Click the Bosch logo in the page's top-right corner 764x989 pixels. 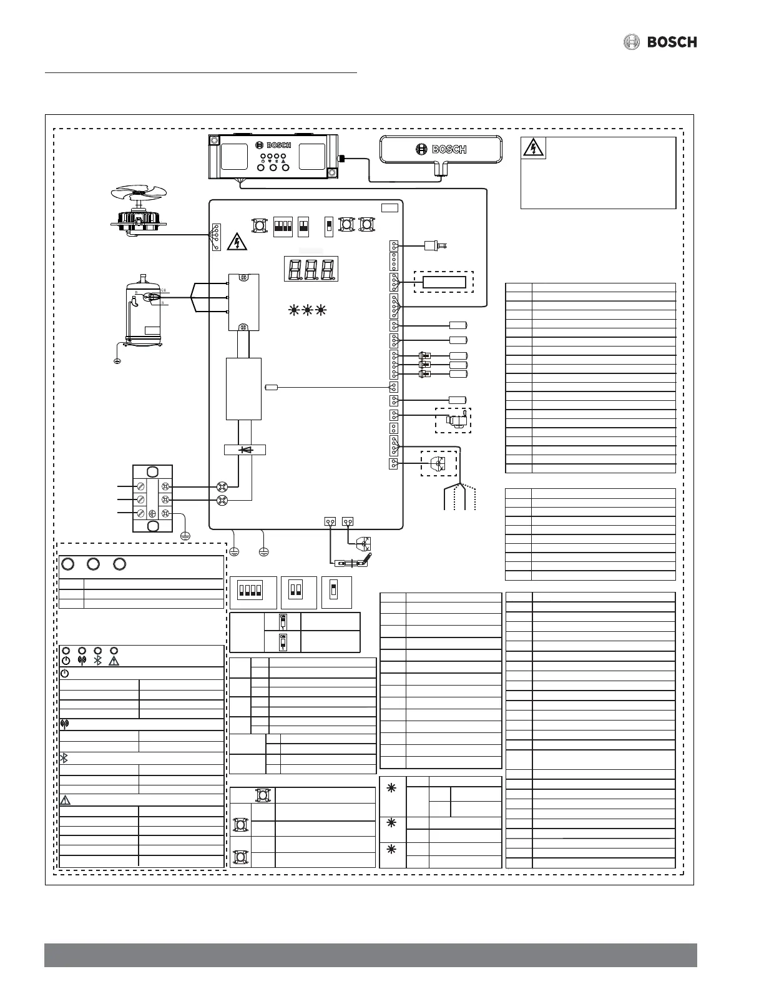tap(660, 42)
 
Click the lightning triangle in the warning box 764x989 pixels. tap(534, 148)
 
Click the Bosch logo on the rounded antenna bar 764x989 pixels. tap(441, 149)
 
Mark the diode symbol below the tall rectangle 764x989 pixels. tap(244, 450)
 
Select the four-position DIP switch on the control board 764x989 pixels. tap(283, 226)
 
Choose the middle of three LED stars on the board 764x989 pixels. tap(306, 310)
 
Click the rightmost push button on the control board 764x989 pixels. tap(366, 225)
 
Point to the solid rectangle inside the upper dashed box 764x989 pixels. tap(444, 282)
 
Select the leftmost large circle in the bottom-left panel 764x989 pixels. tap(68, 564)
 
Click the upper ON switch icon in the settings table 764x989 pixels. tap(282, 621)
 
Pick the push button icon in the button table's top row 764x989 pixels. tap(262, 795)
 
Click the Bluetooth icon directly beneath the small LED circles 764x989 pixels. tap(97, 661)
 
